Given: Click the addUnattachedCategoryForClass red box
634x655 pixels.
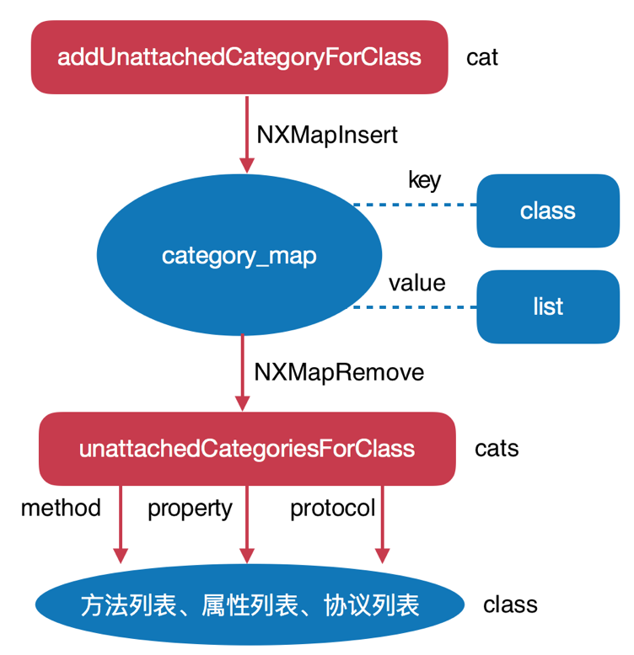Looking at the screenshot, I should pyautogui.click(x=239, y=57).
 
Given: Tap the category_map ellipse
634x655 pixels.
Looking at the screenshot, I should pyautogui.click(x=239, y=256).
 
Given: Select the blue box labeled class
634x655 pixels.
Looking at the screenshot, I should pyautogui.click(x=547, y=210).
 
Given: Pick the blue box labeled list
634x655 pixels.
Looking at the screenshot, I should pyautogui.click(x=547, y=306).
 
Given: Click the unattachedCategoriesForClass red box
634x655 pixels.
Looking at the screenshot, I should pyautogui.click(x=247, y=448).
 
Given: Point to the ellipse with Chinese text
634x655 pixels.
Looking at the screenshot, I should pyautogui.click(x=250, y=605).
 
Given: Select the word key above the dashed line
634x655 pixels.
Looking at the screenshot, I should pyautogui.click(x=424, y=180).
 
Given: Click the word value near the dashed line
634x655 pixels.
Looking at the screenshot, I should pyautogui.click(x=416, y=283).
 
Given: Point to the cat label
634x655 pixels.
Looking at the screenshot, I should pyautogui.click(x=482, y=57).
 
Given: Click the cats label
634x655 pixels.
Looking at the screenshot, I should pyautogui.click(x=497, y=448).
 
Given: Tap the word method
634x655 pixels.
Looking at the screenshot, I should pyautogui.click(x=61, y=508).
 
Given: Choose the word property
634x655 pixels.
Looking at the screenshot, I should pyautogui.click(x=190, y=508).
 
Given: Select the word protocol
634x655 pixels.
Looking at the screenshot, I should pyautogui.click(x=332, y=508).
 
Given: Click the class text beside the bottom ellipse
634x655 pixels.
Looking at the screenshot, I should pyautogui.click(x=510, y=604).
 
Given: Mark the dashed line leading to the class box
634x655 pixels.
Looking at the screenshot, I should pyautogui.click(x=414, y=205).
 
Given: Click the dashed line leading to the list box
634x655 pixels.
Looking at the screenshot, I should pyautogui.click(x=414, y=307).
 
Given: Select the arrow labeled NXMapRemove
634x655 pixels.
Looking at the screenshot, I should pyautogui.click(x=243, y=370).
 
